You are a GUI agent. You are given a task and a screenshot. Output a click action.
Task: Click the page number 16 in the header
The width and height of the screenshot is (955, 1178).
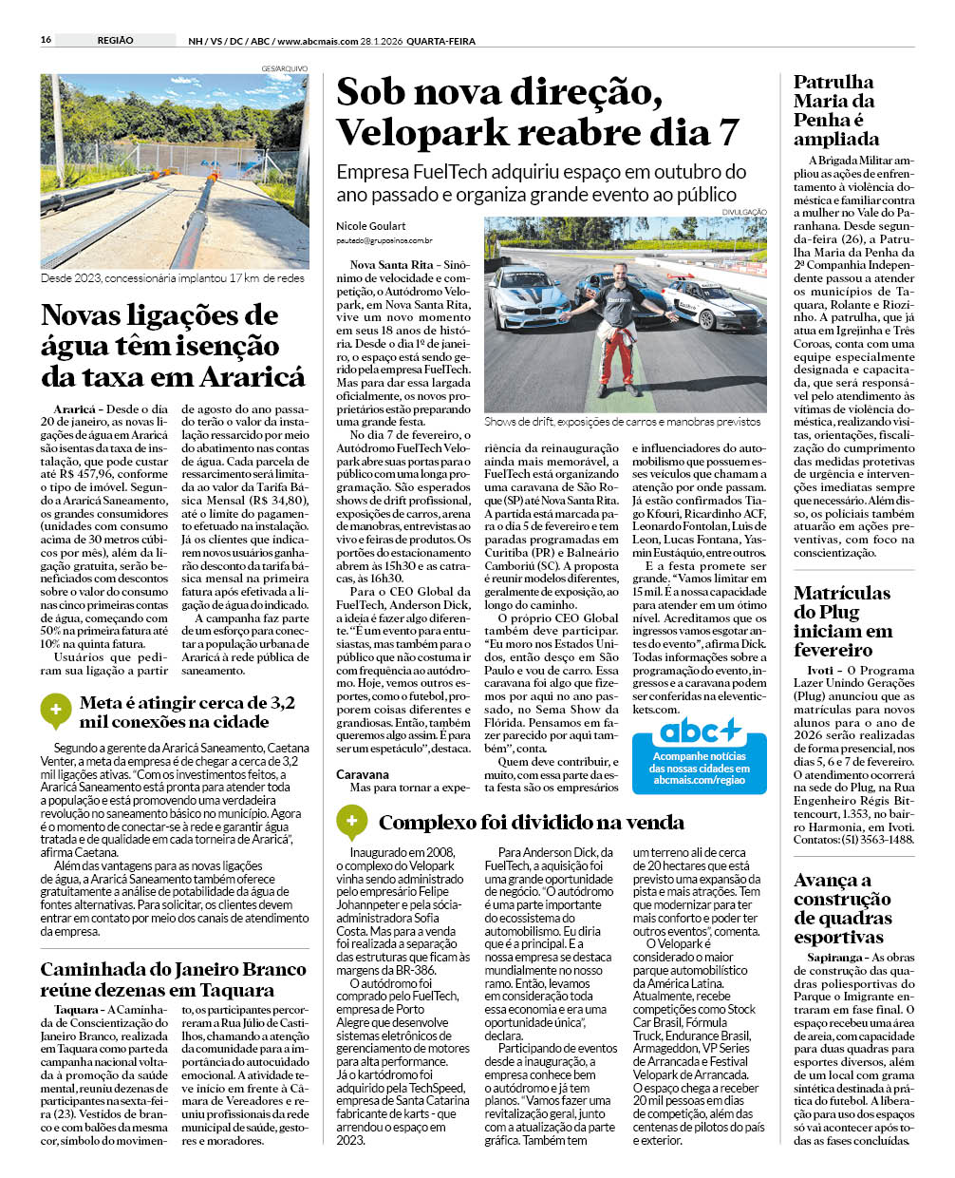[x=46, y=40]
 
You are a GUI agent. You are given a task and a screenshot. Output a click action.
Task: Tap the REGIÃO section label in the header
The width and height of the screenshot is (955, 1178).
[x=115, y=40]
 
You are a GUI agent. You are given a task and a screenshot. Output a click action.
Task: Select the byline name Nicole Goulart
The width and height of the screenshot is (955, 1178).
[x=370, y=226]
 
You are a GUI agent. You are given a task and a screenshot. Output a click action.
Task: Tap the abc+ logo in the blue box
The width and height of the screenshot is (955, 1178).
[x=699, y=731]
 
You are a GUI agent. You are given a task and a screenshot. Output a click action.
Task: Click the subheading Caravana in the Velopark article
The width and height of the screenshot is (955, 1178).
[x=363, y=774]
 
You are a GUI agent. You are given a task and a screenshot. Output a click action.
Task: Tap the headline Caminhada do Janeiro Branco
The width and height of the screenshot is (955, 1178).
[x=173, y=979]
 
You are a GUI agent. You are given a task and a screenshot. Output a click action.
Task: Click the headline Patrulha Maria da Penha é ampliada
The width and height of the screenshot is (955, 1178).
[x=836, y=110]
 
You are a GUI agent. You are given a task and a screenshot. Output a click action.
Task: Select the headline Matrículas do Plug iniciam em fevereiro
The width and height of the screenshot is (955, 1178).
[x=843, y=621]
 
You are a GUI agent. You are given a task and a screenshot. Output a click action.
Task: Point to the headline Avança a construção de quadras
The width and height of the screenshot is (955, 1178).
[x=843, y=908]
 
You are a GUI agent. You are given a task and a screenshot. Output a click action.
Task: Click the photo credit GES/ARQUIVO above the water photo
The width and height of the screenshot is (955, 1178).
[x=285, y=68]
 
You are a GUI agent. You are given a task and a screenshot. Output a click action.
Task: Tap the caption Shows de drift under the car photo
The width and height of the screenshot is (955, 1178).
[x=622, y=421]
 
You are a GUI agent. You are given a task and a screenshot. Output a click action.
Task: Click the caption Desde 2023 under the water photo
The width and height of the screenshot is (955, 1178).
[x=173, y=278]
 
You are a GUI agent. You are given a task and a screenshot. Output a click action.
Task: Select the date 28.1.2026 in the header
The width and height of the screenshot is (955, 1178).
[x=386, y=41]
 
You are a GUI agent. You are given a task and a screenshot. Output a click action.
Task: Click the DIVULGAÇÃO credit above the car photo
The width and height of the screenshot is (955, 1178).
[x=743, y=212]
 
